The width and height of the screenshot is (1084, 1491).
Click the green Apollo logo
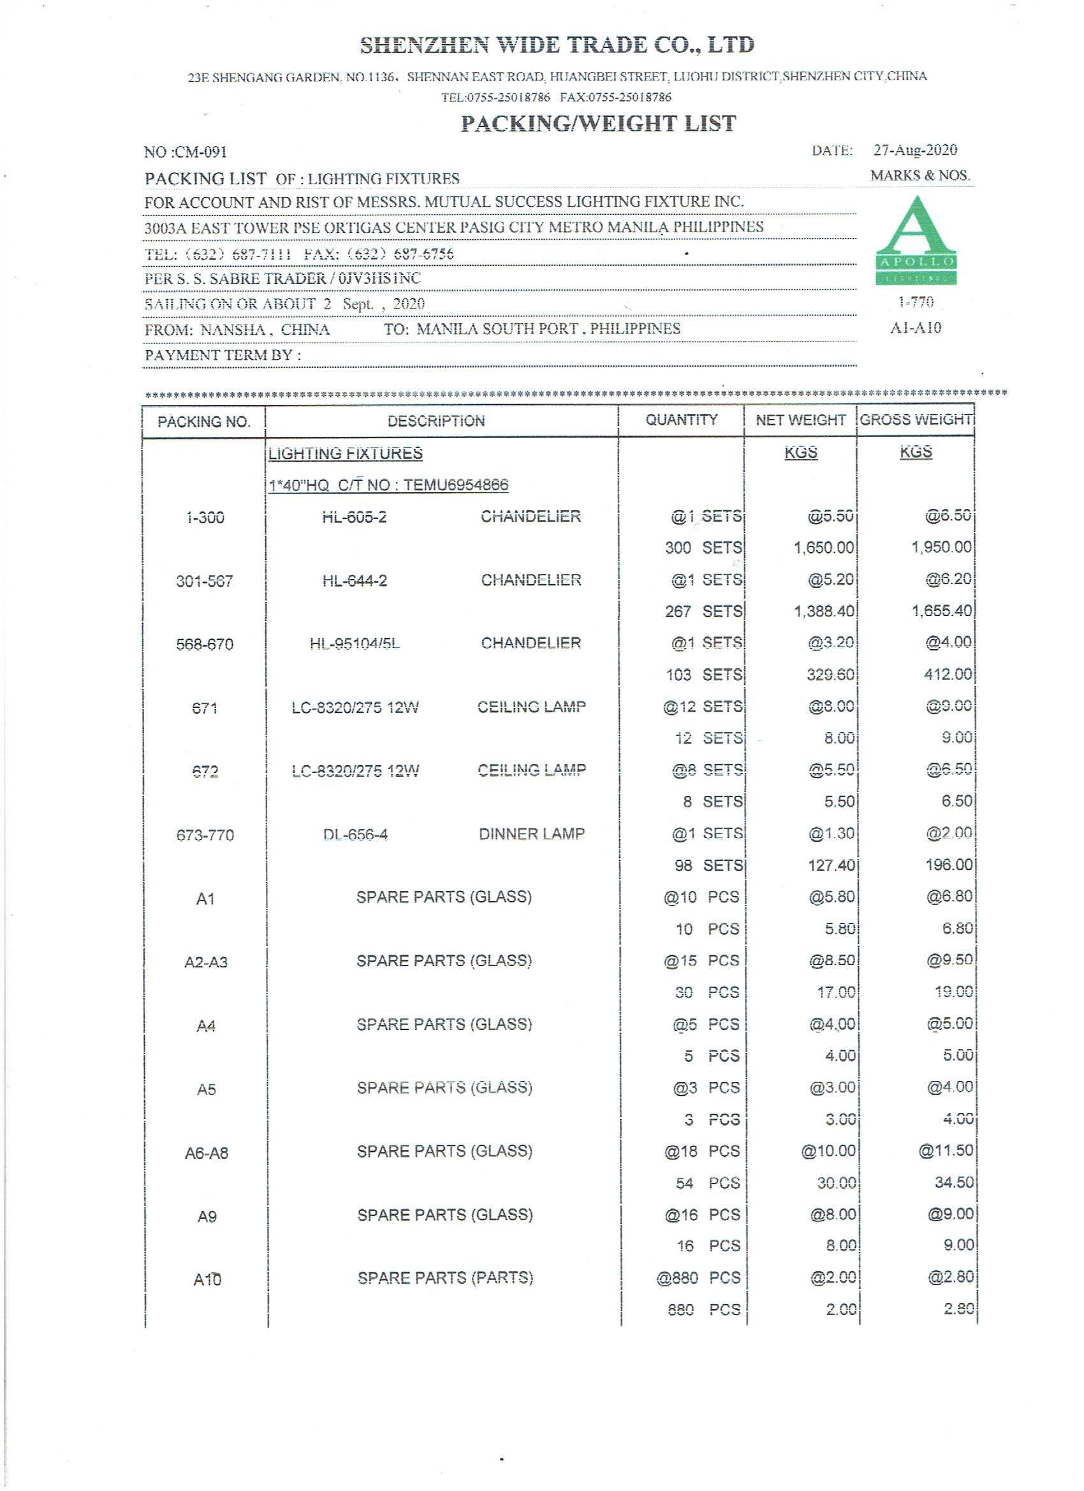916,240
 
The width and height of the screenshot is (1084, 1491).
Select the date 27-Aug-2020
915,150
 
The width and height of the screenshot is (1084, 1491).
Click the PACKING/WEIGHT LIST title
598,124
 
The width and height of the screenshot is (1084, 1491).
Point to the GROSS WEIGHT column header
916,420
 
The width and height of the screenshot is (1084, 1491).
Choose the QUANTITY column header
681,420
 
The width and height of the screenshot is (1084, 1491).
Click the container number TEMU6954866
455,485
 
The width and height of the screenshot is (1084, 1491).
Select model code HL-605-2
355,517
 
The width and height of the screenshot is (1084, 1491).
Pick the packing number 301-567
205,581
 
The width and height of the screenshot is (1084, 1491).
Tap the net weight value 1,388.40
824,612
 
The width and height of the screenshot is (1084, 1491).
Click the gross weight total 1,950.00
941,547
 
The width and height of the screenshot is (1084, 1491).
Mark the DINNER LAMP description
531,834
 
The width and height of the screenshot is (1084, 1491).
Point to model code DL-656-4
355,835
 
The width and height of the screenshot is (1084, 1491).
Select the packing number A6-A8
206,1153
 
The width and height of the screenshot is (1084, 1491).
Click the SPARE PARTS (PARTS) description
445,1278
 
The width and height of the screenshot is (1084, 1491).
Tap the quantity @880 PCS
698,1278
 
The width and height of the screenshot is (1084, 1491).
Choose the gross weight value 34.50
954,1183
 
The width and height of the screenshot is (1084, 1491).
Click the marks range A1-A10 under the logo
916,328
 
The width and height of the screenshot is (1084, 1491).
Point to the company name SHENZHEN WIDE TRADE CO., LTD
557,45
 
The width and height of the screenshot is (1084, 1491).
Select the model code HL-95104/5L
355,643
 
